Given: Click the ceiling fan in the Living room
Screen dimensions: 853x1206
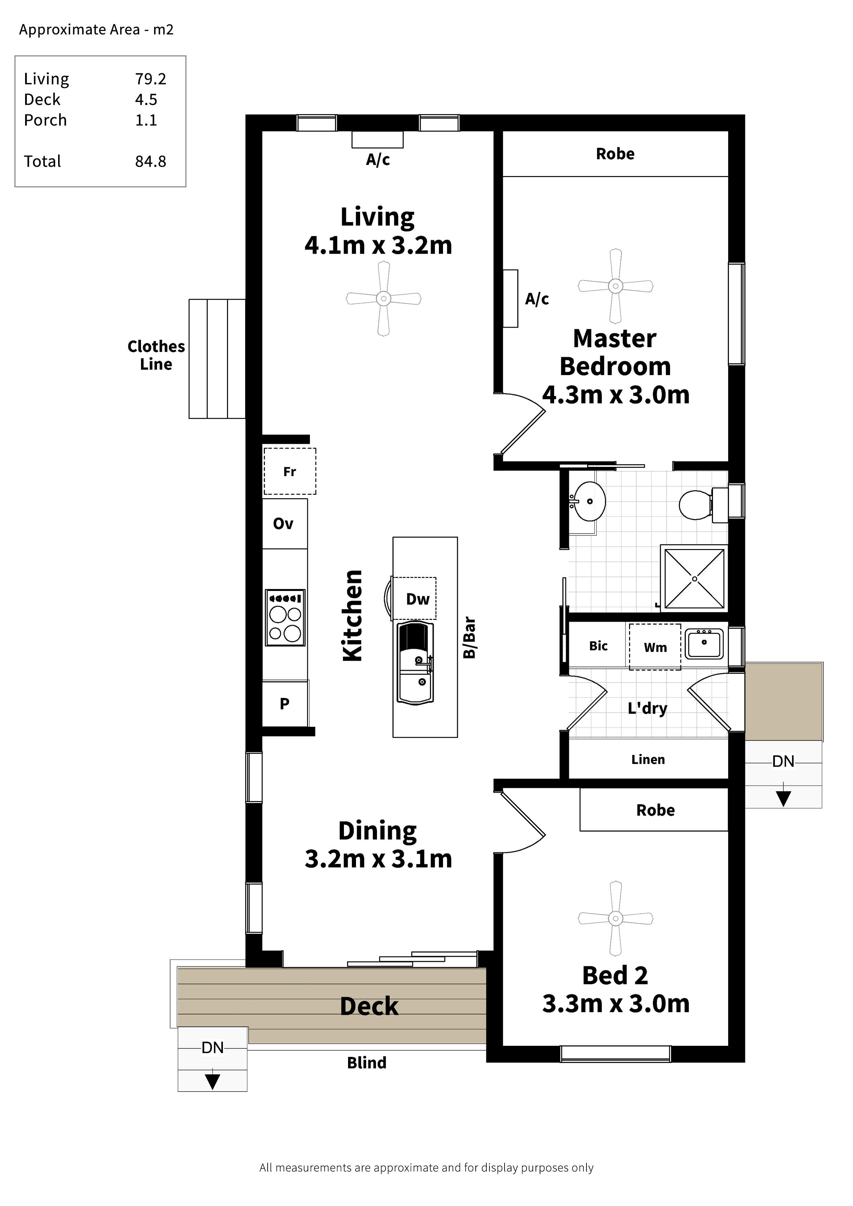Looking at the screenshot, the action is click(x=384, y=298).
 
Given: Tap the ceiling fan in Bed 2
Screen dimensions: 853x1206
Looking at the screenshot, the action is click(x=615, y=918).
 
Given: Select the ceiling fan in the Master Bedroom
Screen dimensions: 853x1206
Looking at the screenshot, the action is click(x=615, y=286).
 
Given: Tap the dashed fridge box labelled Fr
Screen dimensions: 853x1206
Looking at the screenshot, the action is click(x=290, y=471).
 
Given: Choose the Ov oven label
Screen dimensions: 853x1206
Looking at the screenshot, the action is click(x=283, y=524).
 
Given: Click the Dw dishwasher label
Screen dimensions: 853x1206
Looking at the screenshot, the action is click(x=418, y=599).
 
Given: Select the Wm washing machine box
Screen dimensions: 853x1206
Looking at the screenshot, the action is click(x=655, y=647).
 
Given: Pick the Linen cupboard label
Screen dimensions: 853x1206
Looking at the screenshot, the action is click(x=648, y=759).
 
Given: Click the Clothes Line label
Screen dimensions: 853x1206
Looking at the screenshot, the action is click(x=156, y=355).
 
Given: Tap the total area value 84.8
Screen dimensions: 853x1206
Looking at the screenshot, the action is click(x=151, y=161).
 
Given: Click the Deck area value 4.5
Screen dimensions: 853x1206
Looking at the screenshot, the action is click(x=146, y=99).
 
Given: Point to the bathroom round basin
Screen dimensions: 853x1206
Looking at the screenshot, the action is click(x=588, y=502).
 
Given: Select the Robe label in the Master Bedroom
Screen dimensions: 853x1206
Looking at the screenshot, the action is click(x=615, y=154).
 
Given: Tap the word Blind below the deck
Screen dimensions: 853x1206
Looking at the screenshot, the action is click(x=367, y=1063).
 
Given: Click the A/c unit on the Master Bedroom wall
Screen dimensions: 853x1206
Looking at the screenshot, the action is click(x=510, y=298).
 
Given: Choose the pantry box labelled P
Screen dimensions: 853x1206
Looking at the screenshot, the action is click(x=285, y=703).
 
